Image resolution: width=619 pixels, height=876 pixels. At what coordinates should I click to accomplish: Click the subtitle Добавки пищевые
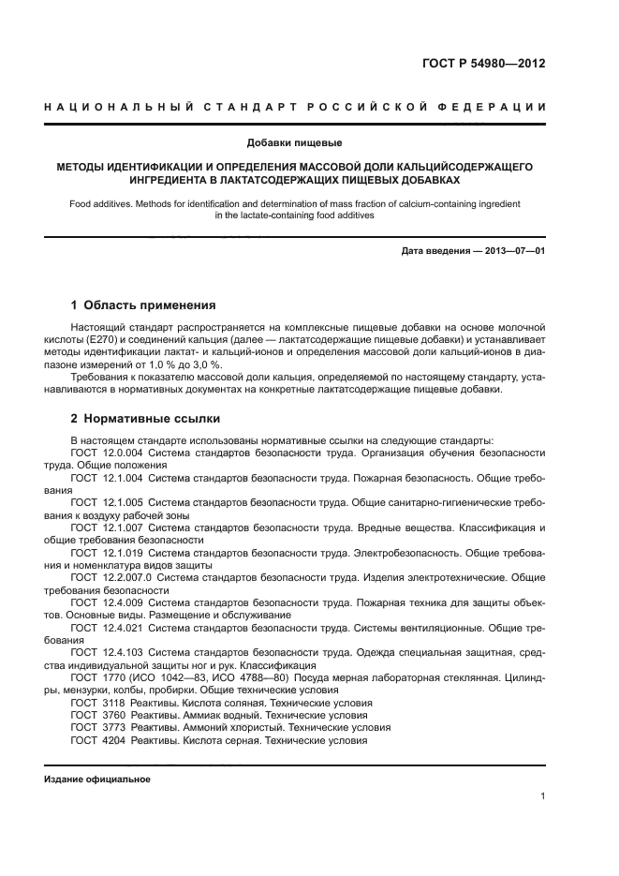tap(294, 143)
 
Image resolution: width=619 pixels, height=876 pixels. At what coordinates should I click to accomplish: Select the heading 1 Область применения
tap(143, 304)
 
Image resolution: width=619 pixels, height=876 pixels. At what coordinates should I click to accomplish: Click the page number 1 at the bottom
tap(543, 796)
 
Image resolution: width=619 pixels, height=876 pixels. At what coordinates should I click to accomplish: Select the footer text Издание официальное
tap(96, 778)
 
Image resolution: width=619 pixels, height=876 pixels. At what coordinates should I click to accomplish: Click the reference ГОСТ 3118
tap(97, 702)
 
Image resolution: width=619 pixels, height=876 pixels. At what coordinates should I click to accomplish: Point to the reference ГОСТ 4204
tap(97, 739)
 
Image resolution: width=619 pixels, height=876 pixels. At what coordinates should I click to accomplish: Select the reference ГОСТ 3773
tap(97, 727)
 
